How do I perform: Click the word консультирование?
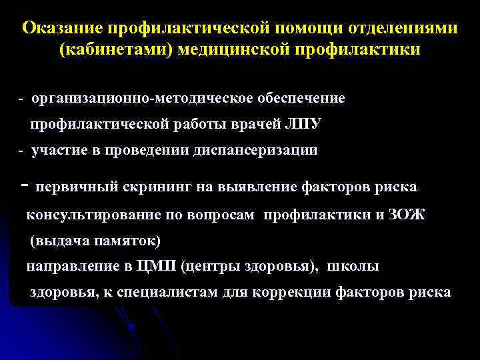click(93, 215)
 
